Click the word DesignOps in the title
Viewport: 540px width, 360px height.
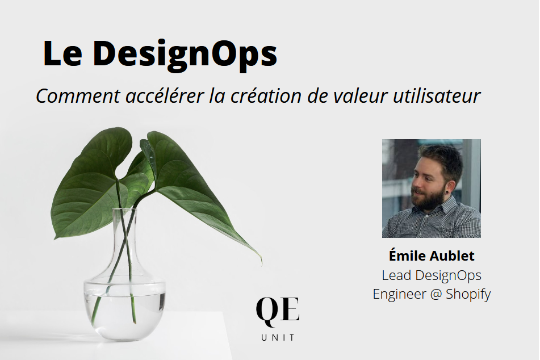point(185,54)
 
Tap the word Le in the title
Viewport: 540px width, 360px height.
point(62,53)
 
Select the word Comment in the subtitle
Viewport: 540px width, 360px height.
point(78,96)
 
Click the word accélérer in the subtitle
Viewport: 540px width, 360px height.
point(165,96)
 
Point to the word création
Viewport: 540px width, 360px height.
point(266,96)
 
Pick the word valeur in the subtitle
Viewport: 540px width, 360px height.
point(361,96)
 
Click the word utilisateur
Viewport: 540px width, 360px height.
point(437,96)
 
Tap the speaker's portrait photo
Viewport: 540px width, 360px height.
point(431,189)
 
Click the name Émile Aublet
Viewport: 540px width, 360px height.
point(432,256)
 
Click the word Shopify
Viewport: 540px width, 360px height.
point(468,295)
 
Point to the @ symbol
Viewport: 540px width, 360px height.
point(436,295)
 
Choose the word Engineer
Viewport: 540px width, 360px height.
point(399,295)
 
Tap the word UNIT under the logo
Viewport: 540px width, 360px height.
point(278,338)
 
